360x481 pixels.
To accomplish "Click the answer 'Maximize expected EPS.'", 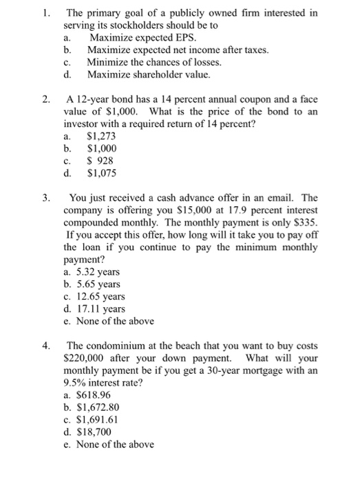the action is (x=130, y=38).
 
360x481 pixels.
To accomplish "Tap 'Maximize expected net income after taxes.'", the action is (x=172, y=50).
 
